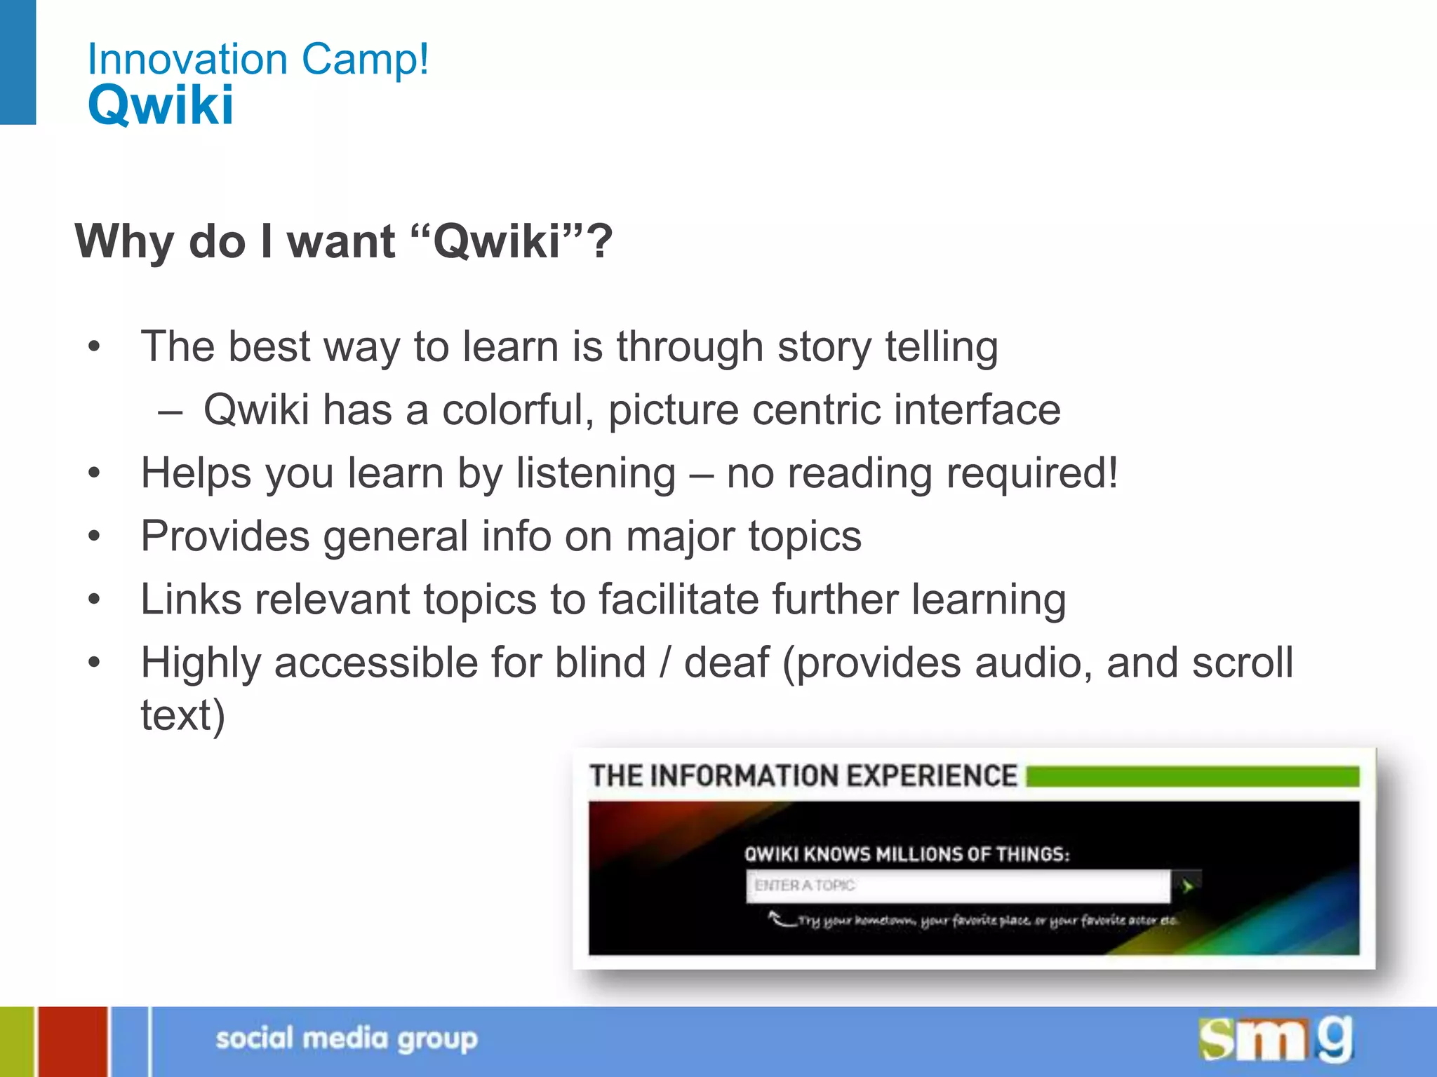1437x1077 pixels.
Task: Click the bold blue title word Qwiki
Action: pos(161,105)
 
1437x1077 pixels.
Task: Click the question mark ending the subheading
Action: pos(599,241)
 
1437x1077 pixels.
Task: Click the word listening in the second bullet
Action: pos(596,474)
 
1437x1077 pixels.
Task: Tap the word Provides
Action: pos(225,536)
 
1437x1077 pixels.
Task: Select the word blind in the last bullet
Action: pos(600,663)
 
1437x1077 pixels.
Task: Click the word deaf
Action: pos(726,663)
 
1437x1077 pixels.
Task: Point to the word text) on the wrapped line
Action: pos(182,715)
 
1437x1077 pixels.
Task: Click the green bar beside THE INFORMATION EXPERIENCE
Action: pos(1192,777)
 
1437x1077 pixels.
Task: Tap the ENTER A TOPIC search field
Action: pos(958,886)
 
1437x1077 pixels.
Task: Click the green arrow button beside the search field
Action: pos(1187,886)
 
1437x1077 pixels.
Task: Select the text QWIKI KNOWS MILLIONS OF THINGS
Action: pos(907,854)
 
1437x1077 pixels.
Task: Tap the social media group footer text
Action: pos(347,1038)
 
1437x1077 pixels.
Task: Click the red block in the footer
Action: pos(73,1041)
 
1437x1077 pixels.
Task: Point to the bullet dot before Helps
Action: pos(95,473)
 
